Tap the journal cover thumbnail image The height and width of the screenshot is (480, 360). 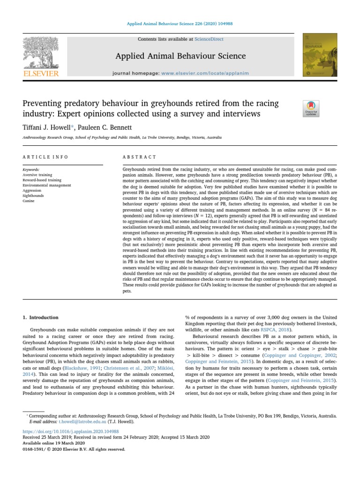(x=320, y=55)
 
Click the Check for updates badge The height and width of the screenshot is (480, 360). (x=311, y=108)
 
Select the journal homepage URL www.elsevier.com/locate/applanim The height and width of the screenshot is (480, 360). (x=205, y=74)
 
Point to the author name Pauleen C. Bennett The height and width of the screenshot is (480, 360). (x=110, y=127)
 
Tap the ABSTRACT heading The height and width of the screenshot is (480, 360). (x=140, y=157)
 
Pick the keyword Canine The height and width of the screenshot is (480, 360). (x=29, y=201)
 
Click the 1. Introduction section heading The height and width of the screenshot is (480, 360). (x=41, y=317)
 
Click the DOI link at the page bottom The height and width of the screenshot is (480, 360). (x=71, y=431)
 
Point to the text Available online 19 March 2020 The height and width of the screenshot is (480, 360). (x=54, y=443)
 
